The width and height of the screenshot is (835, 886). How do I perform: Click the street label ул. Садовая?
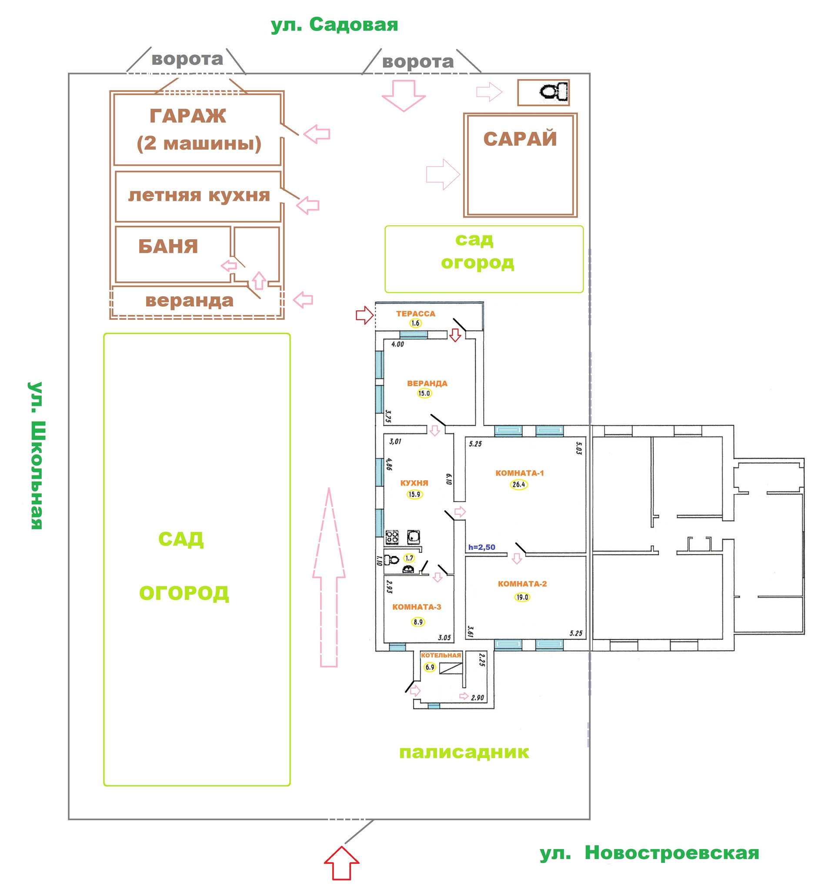334,24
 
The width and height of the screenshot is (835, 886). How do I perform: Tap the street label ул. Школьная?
36,455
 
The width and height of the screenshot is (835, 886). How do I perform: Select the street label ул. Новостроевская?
649,853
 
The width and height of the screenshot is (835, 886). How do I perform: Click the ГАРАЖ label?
187,116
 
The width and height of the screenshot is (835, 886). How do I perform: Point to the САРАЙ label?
520,139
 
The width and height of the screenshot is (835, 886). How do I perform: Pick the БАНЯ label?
168,247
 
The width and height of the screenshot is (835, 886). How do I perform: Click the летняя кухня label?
199,195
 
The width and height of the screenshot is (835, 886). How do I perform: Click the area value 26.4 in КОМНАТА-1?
519,485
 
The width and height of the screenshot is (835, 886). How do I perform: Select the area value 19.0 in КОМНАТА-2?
522,597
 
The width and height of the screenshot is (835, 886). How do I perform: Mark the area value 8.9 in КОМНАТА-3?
418,622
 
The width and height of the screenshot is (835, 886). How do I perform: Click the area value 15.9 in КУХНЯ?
414,494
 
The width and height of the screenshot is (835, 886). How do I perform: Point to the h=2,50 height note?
482,547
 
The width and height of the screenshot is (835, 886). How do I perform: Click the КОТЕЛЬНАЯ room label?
441,655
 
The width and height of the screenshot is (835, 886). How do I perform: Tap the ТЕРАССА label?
415,314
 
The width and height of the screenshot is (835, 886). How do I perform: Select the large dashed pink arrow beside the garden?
329,579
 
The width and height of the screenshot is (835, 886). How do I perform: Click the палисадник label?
464,752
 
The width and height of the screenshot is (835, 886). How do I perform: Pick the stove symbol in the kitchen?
392,537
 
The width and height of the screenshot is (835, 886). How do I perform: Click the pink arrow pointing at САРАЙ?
442,174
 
